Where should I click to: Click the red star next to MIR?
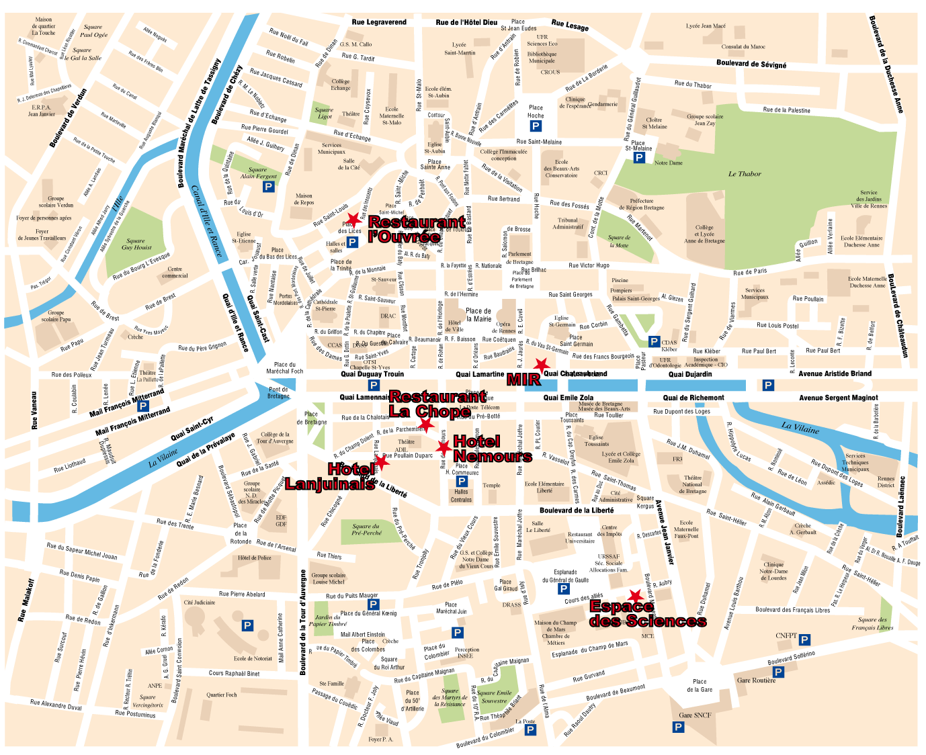[541, 365]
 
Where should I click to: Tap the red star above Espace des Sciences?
[634, 596]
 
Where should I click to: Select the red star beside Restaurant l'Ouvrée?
[353, 220]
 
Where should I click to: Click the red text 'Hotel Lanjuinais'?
[330, 476]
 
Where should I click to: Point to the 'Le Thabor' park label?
[745, 174]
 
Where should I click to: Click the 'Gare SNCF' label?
[695, 715]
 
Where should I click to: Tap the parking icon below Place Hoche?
[536, 126]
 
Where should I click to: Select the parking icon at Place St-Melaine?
[639, 158]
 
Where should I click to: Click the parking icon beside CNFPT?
[804, 639]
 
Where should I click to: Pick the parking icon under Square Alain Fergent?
[269, 187]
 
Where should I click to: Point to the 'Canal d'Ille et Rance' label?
[206, 220]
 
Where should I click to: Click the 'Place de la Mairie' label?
[478, 315]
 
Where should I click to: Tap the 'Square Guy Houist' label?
[136, 244]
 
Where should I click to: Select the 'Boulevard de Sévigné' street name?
[751, 64]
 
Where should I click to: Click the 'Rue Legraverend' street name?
[379, 22]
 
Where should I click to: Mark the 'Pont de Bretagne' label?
[278, 392]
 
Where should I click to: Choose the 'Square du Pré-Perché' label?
[366, 529]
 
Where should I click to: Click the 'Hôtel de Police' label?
[255, 558]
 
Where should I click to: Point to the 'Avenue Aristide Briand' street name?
[835, 373]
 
